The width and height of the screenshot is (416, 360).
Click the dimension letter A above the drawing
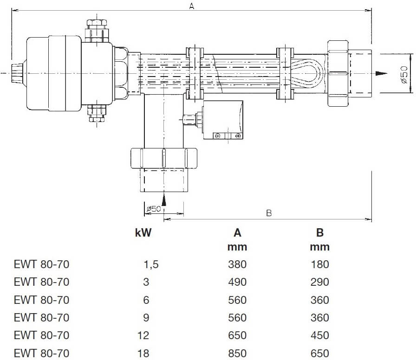[x=191, y=6]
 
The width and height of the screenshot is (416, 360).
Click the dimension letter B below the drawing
[x=268, y=213]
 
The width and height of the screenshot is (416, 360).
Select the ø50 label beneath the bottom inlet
[x=153, y=209]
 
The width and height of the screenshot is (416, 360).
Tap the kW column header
[x=143, y=232]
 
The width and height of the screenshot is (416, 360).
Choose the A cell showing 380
[x=237, y=264]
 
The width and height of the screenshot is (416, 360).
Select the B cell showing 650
[x=319, y=353]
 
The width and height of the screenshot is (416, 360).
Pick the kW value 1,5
[x=151, y=264]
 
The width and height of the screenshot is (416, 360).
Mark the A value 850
[x=237, y=353]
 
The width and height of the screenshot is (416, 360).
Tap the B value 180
[x=319, y=264]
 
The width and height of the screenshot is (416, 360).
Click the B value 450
[x=319, y=335]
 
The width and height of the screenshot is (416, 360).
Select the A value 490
[x=237, y=282]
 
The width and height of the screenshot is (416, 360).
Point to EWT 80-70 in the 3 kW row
[x=41, y=282]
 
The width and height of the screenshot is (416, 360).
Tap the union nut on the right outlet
[x=338, y=73]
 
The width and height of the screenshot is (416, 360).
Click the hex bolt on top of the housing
[x=97, y=24]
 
